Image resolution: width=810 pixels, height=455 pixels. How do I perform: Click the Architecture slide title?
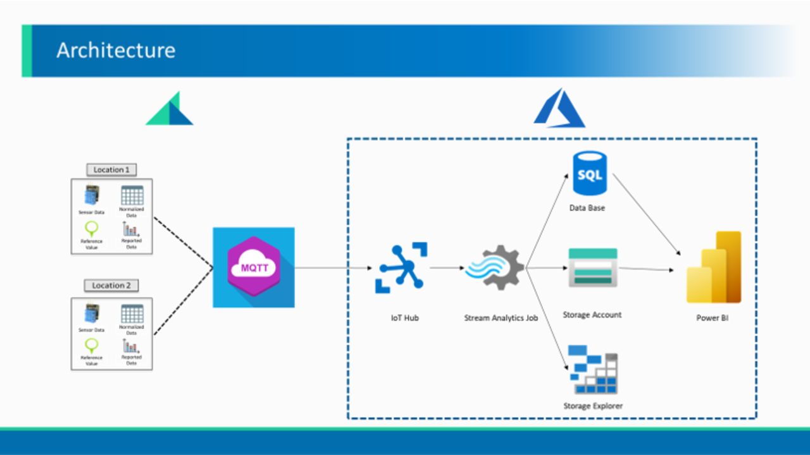point(116,51)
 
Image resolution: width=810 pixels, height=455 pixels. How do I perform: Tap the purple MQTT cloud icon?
point(254,267)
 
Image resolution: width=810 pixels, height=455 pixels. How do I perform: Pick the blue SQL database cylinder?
point(590,173)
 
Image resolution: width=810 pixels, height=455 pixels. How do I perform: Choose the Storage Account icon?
point(592,267)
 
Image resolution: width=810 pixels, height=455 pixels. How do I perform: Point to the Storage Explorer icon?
point(594,370)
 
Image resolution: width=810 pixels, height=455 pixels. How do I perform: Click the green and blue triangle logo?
point(170,109)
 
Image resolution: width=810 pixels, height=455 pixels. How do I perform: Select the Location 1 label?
point(111,169)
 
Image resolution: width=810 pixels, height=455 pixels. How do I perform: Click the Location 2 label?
point(111,286)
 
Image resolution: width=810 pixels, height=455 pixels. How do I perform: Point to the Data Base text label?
point(587,208)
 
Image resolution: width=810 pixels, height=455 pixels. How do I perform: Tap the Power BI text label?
point(712,318)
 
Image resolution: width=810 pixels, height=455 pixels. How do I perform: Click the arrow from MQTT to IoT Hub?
point(333,268)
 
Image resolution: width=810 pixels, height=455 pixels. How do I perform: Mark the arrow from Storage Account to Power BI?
point(645,269)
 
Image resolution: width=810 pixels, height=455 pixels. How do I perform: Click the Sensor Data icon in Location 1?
point(92,196)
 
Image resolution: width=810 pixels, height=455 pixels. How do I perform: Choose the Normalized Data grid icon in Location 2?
point(132,314)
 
